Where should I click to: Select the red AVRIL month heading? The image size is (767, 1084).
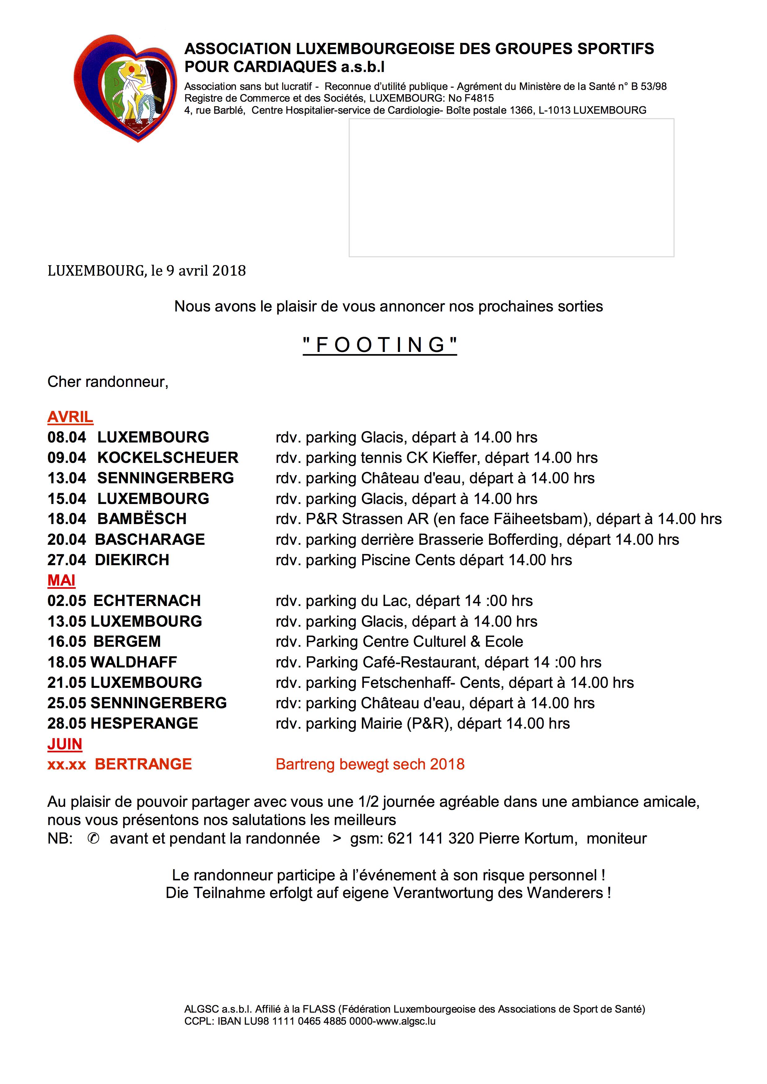tap(70, 417)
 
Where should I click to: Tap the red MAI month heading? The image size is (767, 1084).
tap(62, 580)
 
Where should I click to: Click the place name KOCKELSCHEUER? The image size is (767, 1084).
tap(168, 458)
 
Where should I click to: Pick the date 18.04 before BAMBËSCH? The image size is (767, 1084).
tap(67, 519)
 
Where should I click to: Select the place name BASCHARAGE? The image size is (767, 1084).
tap(150, 539)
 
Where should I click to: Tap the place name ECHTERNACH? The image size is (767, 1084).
tap(147, 600)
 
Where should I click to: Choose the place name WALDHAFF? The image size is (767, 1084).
tap(133, 662)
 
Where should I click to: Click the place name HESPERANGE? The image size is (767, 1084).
tap(144, 723)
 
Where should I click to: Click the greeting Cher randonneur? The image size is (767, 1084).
tap(108, 382)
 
